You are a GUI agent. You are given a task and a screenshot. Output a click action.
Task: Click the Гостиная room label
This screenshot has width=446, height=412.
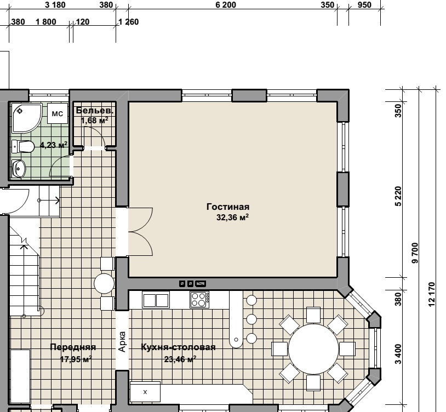click(x=228, y=207)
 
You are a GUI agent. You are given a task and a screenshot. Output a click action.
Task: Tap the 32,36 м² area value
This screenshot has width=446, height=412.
click(x=232, y=218)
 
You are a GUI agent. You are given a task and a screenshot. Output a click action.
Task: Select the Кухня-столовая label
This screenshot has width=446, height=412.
click(x=178, y=347)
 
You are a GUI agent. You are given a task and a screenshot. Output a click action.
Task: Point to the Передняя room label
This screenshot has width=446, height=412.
click(x=73, y=347)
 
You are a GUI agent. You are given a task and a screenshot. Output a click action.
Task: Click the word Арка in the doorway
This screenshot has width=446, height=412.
click(x=122, y=341)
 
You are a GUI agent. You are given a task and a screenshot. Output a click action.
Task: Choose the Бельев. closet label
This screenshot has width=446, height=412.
click(x=95, y=110)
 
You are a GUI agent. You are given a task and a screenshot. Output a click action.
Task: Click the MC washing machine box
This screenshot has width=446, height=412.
click(x=58, y=113)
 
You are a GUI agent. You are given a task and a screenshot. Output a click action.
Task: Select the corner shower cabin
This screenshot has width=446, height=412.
click(x=26, y=118)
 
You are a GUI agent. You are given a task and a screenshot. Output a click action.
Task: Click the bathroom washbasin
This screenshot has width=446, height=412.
click(x=19, y=169)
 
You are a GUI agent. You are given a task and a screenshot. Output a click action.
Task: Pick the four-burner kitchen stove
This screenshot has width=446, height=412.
click(x=199, y=299)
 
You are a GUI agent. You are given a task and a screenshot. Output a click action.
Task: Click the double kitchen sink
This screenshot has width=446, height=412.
click(x=156, y=300)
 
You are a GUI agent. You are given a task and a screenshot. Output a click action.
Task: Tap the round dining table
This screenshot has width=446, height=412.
click(x=313, y=349)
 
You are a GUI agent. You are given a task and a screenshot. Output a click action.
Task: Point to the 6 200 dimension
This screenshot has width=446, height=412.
click(x=226, y=5)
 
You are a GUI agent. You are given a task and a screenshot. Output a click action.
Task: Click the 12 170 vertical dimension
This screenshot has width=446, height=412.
click(x=432, y=294)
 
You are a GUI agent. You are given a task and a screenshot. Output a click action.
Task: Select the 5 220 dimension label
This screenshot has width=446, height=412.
click(x=398, y=196)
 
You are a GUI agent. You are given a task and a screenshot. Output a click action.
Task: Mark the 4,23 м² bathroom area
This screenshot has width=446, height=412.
click(x=54, y=145)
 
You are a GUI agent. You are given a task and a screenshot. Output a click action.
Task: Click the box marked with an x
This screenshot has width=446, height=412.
click(x=145, y=392)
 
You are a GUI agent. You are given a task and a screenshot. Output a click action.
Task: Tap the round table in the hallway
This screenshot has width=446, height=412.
click(x=104, y=283)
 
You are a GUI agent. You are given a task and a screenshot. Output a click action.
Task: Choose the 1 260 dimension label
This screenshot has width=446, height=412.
click(x=129, y=22)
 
